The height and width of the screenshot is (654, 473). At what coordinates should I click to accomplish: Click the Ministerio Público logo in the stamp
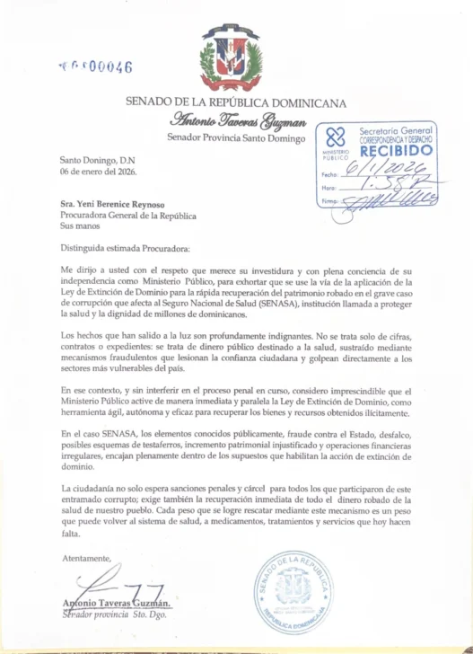(x=335, y=141)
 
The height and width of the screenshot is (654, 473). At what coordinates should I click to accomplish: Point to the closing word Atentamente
(x=87, y=558)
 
